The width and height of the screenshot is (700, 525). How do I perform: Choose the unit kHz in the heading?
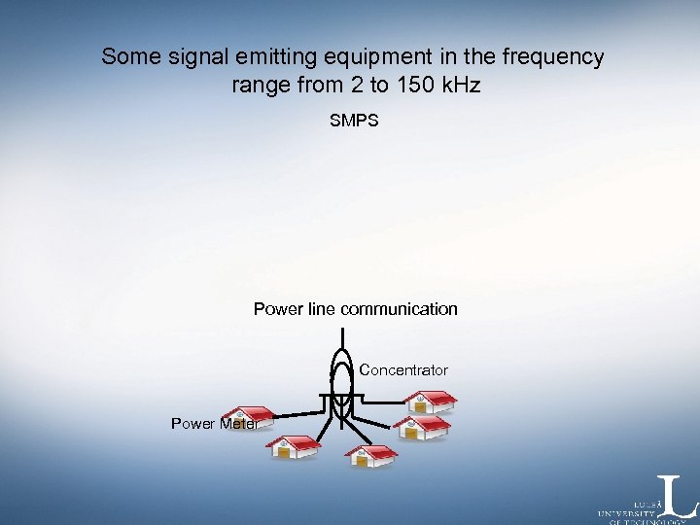click(x=459, y=86)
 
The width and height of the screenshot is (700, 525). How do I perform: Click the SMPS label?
click(x=354, y=122)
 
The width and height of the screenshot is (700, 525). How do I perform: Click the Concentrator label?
click(x=403, y=370)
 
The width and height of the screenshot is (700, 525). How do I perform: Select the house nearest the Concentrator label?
click(x=429, y=402)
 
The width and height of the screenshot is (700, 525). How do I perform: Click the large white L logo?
click(x=678, y=496)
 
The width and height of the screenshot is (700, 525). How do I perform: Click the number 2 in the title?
click(x=335, y=86)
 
